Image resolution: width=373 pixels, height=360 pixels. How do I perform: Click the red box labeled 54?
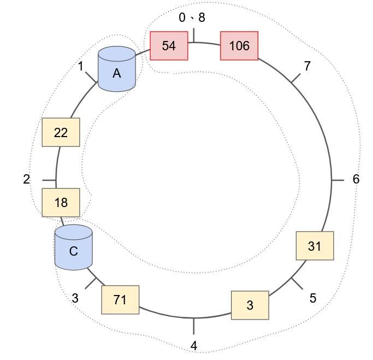pos(169,46)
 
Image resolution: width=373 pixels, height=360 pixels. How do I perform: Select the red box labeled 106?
pos(239,46)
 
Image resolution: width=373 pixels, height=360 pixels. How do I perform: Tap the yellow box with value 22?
pos(61,132)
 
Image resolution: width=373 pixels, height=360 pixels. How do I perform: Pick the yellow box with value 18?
pos(61,203)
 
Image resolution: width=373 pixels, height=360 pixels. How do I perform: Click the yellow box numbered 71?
pos(120,299)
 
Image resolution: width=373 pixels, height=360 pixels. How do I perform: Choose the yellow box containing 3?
pos(250,305)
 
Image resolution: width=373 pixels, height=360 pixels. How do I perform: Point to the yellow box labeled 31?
pos(315,246)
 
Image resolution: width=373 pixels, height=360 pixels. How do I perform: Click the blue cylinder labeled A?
pos(116,69)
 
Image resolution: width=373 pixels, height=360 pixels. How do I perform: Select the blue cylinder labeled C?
pos(73,247)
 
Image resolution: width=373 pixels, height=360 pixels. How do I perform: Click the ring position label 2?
pos(26,179)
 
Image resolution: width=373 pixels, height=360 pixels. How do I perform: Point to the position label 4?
pos(194,345)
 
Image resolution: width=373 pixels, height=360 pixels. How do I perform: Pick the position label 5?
pos(312,298)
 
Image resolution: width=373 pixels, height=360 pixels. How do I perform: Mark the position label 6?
pos(356,179)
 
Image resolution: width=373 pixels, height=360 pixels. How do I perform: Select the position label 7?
pos(307,66)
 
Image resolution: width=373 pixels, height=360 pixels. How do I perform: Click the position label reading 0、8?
pos(192,17)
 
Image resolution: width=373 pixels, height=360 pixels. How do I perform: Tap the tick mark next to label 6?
pos(338,180)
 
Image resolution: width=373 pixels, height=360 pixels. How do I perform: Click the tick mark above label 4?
pos(194,326)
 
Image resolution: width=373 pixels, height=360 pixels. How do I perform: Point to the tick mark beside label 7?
pos(295,78)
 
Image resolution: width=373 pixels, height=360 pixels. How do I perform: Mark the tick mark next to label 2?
pos(49,180)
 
